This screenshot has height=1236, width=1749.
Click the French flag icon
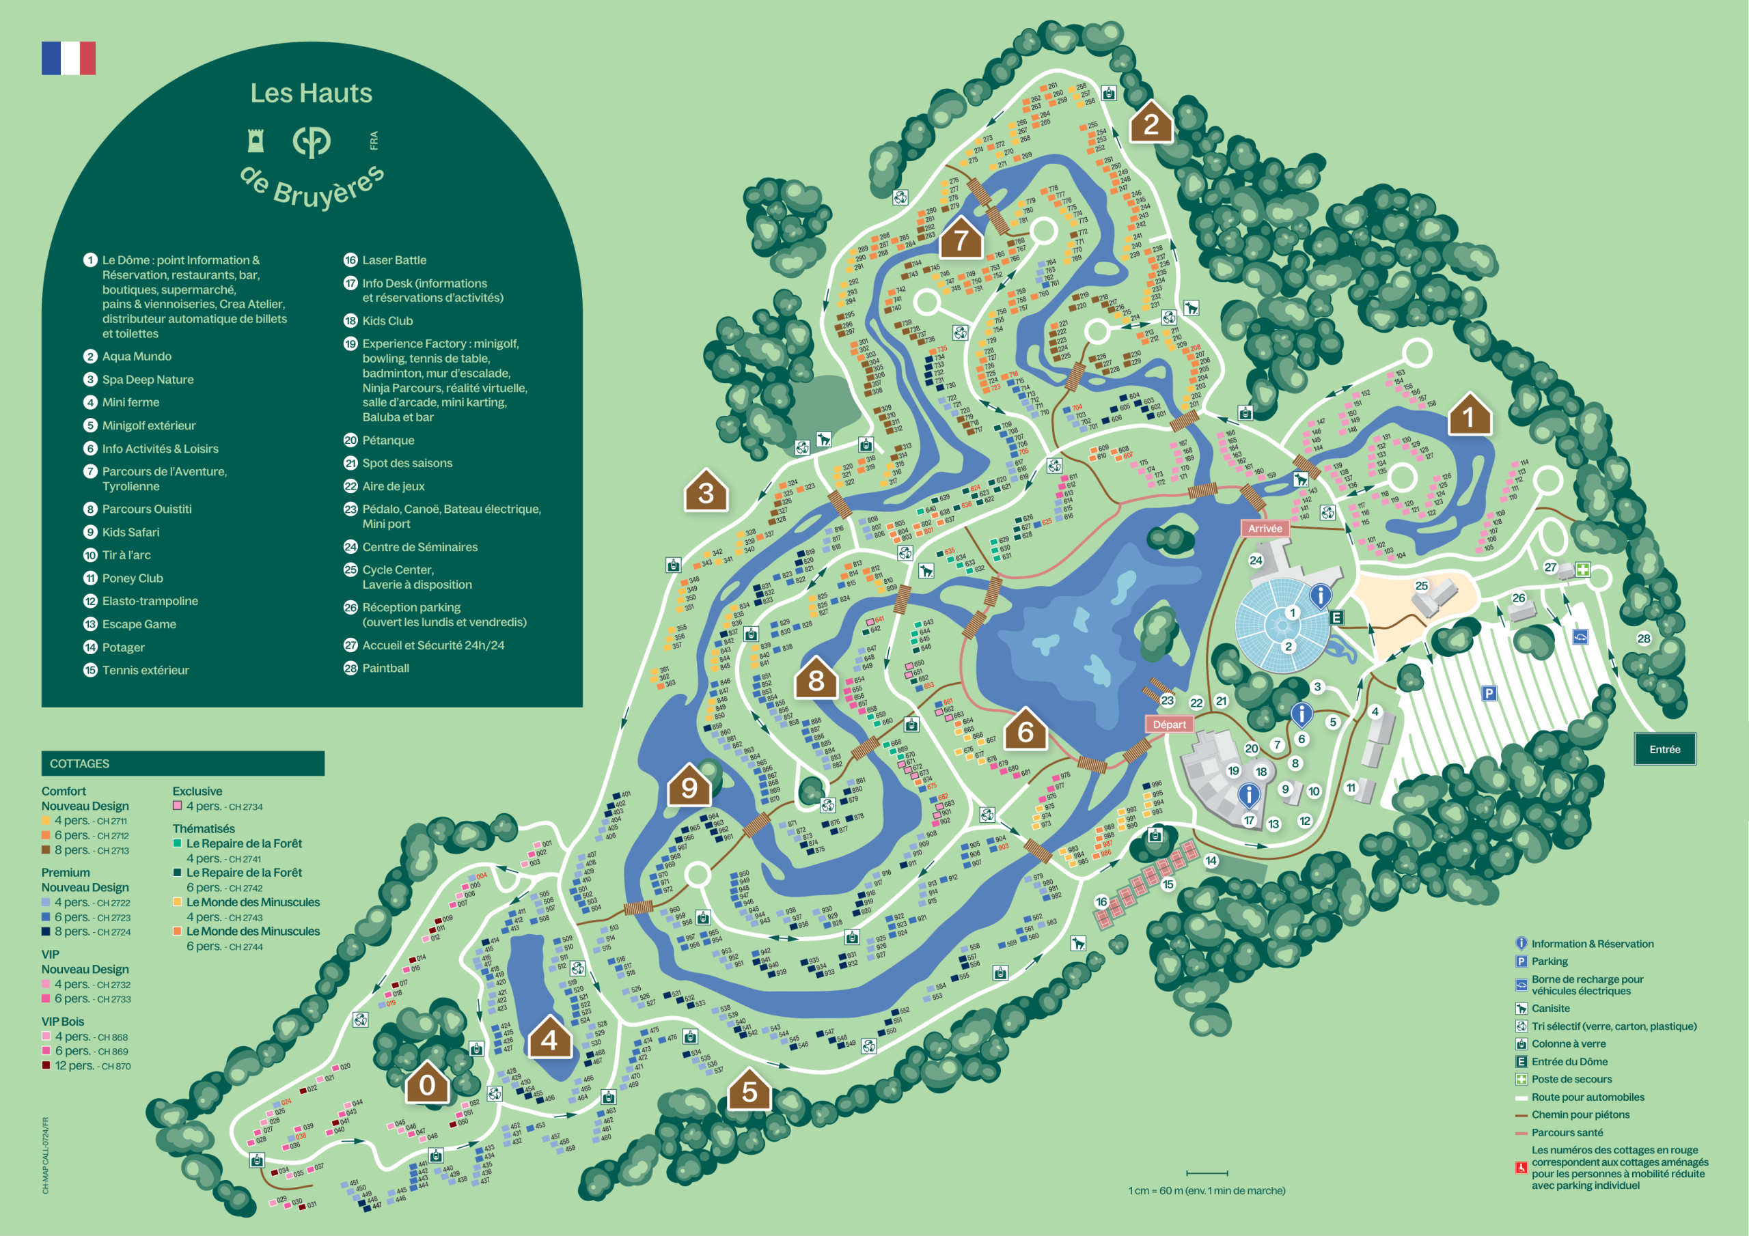pyautogui.click(x=68, y=58)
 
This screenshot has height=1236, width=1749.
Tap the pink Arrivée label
pyautogui.click(x=1265, y=528)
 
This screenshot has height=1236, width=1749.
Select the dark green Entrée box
pyautogui.click(x=1664, y=748)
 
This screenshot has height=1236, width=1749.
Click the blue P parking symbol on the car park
pyautogui.click(x=1489, y=692)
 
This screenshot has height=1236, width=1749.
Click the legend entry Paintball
pyautogui.click(x=385, y=668)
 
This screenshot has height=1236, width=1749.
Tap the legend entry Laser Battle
pyautogui.click(x=393, y=259)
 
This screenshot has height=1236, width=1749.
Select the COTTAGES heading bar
pyautogui.click(x=183, y=763)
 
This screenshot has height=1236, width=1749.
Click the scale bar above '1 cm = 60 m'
pyautogui.click(x=1207, y=1172)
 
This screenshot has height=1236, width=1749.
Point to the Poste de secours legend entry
pyautogui.click(x=1571, y=1078)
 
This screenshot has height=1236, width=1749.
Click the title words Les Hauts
pyautogui.click(x=311, y=93)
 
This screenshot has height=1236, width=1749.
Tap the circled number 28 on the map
pyautogui.click(x=1644, y=638)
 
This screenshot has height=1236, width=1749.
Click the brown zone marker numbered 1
pyautogui.click(x=1469, y=416)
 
